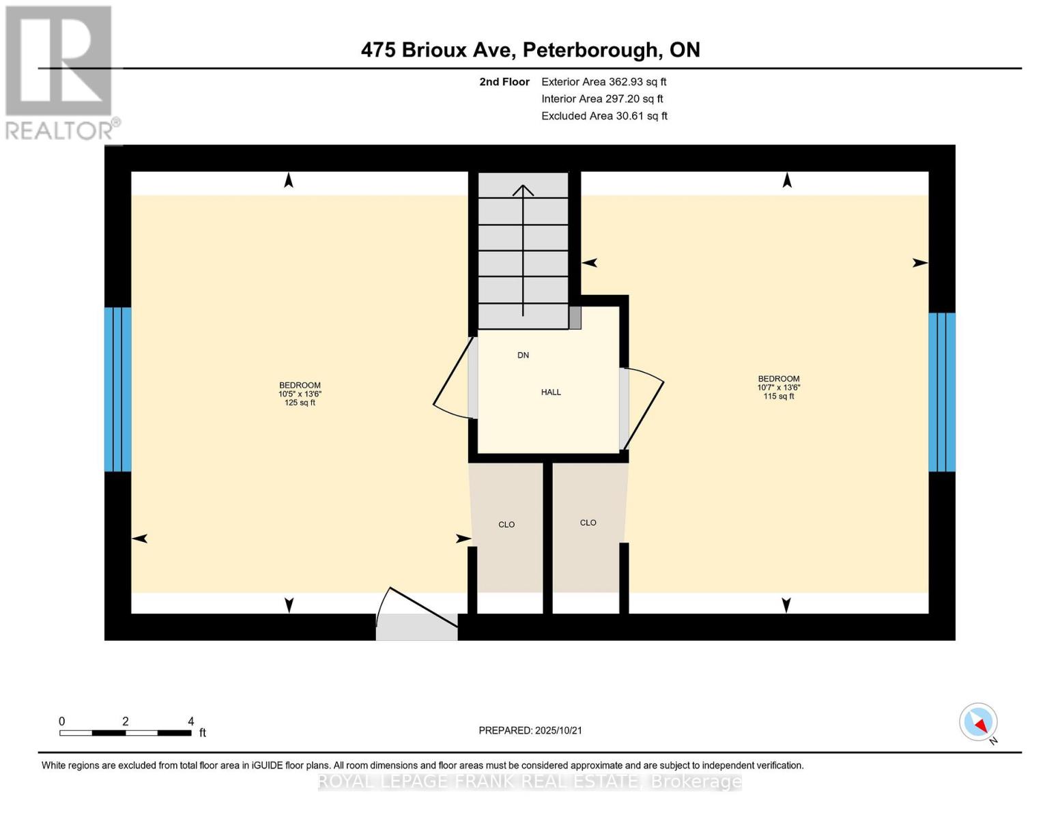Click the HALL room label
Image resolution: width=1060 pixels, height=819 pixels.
[551, 392]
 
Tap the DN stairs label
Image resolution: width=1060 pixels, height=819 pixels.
[523, 356]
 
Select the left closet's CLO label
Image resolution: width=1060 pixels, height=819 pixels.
[506, 525]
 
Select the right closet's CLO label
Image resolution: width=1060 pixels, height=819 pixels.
[588, 523]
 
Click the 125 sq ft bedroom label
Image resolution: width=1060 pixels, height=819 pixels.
[300, 394]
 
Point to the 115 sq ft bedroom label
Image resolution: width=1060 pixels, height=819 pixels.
[779, 388]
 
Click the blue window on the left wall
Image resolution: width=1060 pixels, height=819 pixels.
[117, 389]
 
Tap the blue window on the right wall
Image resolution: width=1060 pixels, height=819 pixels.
[942, 392]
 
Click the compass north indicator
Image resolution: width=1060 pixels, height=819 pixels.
[979, 722]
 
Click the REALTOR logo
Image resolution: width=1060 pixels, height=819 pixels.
[60, 72]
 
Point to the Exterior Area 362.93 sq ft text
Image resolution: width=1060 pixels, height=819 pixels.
[603, 82]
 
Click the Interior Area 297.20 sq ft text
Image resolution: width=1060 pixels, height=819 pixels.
[602, 99]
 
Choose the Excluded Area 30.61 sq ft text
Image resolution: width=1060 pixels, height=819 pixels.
[604, 116]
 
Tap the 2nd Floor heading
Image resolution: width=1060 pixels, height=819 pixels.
[504, 82]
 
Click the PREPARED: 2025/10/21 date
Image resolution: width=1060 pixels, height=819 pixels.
[530, 730]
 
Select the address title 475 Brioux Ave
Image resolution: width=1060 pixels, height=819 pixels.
[530, 50]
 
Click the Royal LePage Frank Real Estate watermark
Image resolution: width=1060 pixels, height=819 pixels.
[530, 781]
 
